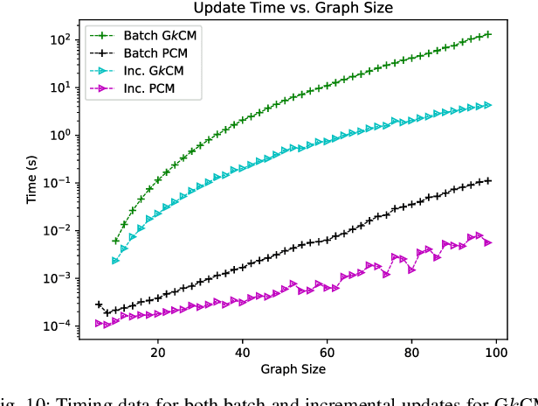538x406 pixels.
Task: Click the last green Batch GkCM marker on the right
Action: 487,34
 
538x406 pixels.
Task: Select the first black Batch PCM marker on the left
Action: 99,304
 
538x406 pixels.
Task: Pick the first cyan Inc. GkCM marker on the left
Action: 115,261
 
